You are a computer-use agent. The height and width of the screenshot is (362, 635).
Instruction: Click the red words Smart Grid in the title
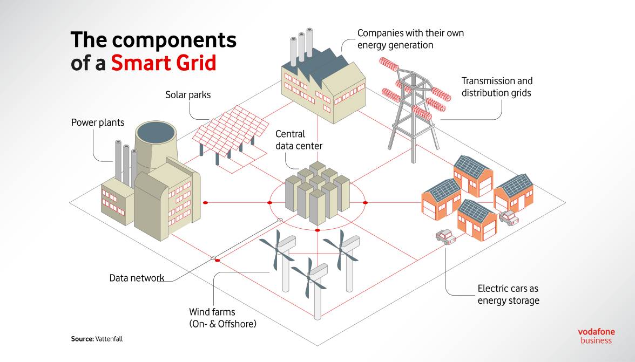pos(164,63)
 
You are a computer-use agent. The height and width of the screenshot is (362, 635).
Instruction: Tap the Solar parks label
pos(188,95)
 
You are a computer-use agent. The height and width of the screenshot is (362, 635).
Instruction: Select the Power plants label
pos(98,122)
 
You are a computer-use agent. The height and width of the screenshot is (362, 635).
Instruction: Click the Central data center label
pos(299,140)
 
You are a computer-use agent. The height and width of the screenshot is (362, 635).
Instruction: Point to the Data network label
pos(137,278)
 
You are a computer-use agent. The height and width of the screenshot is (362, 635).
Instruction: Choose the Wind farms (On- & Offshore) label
pos(222,318)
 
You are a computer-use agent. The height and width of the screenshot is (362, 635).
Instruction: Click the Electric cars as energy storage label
pos(508,295)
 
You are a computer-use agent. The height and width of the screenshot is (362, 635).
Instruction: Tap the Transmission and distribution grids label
pos(497,87)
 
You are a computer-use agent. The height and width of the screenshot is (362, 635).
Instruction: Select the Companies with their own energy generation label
pos(410,39)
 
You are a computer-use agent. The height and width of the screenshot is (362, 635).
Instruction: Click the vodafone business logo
pos(596,336)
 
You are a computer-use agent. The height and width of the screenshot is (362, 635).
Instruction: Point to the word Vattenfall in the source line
pos(109,339)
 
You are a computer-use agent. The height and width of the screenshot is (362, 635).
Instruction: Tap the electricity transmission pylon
pos(414,109)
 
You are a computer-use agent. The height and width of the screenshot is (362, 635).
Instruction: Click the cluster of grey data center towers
pos(317,193)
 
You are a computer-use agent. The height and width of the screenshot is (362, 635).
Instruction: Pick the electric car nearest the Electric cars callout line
pos(446,237)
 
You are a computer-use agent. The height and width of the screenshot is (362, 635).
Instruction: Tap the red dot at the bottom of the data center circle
pos(317,230)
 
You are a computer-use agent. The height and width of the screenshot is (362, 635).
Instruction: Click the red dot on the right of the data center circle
pos(365,203)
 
